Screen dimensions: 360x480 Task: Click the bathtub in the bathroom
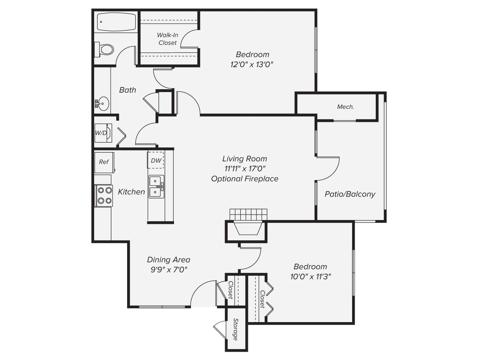click(x=116, y=22)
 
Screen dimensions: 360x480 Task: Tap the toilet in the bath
click(x=105, y=49)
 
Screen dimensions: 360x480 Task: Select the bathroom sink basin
click(x=102, y=103)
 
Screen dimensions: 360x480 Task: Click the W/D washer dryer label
click(x=101, y=133)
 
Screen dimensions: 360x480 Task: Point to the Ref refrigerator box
click(x=104, y=162)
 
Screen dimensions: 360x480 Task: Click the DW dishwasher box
click(x=156, y=160)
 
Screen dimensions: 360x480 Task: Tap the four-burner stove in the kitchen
click(x=104, y=196)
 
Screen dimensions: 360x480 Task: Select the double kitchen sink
click(x=156, y=187)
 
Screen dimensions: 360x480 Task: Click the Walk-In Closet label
click(x=167, y=39)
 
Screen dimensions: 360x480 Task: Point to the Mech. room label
click(x=345, y=107)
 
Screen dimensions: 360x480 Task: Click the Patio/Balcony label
click(x=350, y=194)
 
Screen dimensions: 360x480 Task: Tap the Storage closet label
click(x=236, y=329)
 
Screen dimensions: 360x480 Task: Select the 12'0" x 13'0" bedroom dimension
click(x=253, y=64)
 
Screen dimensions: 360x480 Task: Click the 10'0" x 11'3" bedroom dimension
click(x=311, y=276)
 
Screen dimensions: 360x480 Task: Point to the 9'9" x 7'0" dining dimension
click(x=168, y=269)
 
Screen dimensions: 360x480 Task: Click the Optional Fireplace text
click(x=244, y=179)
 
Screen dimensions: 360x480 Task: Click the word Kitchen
click(x=131, y=192)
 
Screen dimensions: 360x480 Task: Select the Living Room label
click(x=244, y=159)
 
